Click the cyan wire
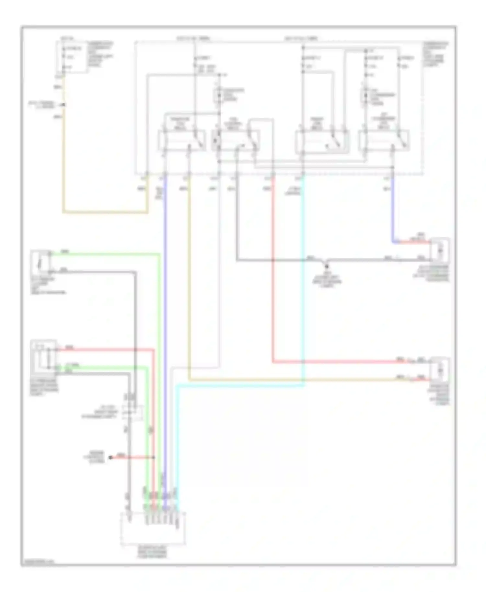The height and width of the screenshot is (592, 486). click(x=303, y=291)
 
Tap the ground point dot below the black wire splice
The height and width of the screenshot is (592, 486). click(x=327, y=267)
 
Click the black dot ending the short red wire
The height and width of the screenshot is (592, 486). click(x=110, y=457)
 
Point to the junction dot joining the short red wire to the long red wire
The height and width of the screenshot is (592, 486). click(x=154, y=457)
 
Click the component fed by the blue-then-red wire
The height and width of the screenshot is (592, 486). click(x=439, y=250)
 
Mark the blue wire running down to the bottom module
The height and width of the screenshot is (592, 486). click(x=165, y=324)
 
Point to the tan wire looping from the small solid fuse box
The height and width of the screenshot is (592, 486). click(x=64, y=162)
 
